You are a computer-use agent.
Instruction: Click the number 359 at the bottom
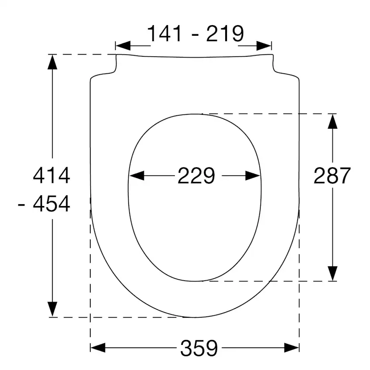199,347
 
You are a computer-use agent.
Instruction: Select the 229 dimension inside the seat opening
196,176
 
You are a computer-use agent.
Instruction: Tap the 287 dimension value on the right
332,176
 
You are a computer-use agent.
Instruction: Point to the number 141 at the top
164,34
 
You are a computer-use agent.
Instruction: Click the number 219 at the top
225,34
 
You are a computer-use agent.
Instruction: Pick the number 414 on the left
52,175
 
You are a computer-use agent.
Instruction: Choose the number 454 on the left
52,204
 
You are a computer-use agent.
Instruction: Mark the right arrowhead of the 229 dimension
253,176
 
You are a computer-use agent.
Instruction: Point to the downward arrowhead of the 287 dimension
332,273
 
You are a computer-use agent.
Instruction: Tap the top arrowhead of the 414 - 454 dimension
53,62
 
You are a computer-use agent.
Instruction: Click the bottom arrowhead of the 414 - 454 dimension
53,309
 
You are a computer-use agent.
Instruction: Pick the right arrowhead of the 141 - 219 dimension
264,46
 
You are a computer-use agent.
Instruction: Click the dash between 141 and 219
195,35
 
